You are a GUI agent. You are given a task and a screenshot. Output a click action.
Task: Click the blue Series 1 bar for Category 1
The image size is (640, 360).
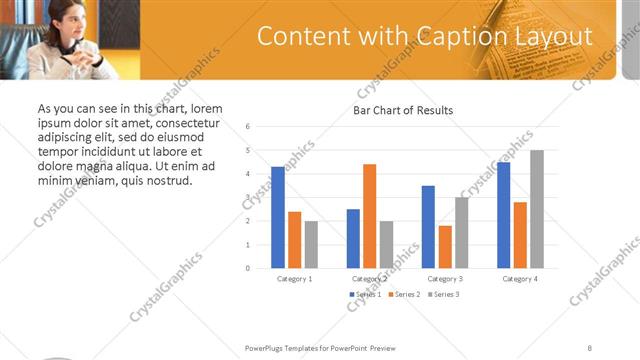pos(277,217)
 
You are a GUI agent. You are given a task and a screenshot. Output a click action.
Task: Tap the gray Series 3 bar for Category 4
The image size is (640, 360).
pos(537,209)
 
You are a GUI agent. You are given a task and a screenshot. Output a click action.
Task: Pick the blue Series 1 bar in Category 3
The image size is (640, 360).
pos(428,227)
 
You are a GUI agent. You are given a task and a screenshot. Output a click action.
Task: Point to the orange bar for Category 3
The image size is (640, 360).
pos(444,247)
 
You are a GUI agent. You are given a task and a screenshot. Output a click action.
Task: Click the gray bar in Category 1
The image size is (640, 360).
pos(311,244)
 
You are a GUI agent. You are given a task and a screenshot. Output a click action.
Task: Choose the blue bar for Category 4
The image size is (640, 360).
pos(503,215)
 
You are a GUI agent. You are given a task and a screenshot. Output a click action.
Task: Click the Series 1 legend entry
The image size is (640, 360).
pos(363,294)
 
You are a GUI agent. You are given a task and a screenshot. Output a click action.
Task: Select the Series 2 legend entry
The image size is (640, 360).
pos(402,294)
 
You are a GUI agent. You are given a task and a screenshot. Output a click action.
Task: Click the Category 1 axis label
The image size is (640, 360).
pos(294,278)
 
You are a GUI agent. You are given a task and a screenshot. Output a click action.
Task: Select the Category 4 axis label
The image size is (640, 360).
pos(520,278)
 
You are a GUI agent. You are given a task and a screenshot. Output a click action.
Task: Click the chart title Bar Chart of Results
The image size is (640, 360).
pos(404,110)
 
